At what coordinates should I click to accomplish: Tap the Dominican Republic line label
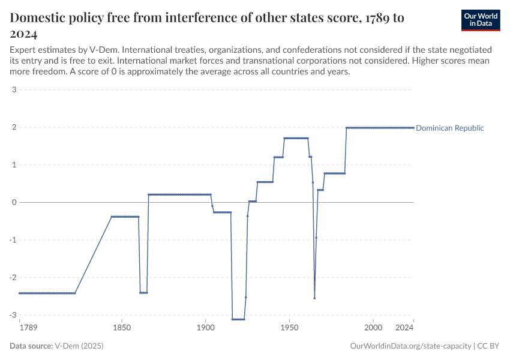(x=449, y=128)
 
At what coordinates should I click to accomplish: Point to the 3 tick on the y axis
(x=13, y=90)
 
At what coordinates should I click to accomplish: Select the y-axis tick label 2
(x=13, y=128)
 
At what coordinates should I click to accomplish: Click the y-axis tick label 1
(x=13, y=165)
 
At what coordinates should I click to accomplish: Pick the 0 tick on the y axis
(x=13, y=203)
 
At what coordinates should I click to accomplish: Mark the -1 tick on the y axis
(x=12, y=240)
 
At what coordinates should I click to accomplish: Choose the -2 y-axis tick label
(x=12, y=278)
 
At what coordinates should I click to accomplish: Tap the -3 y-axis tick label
(x=12, y=315)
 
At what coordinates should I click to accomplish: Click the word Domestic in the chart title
(x=40, y=18)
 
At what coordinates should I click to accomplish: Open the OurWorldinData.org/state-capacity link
(x=410, y=346)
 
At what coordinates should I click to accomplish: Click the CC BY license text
(x=489, y=346)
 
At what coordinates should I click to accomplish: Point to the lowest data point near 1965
(x=314, y=298)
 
